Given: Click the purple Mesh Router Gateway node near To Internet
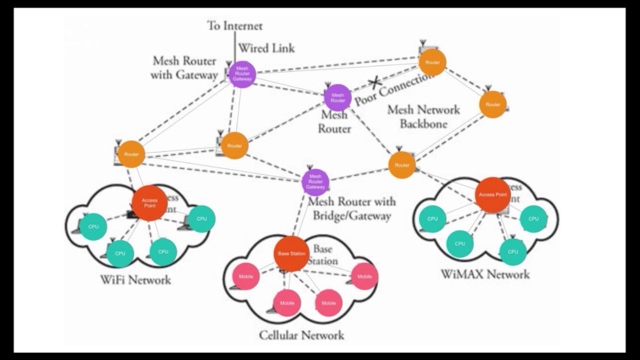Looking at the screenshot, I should tap(242, 74).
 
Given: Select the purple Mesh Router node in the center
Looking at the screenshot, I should tap(337, 97).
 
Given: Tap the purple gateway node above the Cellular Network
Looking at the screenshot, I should tap(315, 182).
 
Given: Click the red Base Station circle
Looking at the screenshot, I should tap(291, 254).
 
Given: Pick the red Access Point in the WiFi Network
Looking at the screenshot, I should tap(149, 203).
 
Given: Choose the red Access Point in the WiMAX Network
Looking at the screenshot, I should tap(493, 194).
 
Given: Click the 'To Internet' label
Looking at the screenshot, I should tap(234, 26).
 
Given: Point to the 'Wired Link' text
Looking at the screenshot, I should tap(266, 48).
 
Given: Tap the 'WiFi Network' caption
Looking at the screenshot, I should tap(135, 279).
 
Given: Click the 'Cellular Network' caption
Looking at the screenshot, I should tap(301, 335).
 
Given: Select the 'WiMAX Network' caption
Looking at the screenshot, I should tap(484, 274).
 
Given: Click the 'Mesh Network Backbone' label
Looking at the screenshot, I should tap(423, 116).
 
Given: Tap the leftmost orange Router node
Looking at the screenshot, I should tap(131, 154).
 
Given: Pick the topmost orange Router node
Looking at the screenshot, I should tap(432, 62).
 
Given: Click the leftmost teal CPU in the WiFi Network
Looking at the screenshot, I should tap(93, 226).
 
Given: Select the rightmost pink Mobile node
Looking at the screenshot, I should tap(364, 276).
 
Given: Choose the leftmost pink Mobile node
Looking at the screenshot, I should tap(246, 276).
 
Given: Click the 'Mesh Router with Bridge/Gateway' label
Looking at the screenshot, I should tap(351, 208).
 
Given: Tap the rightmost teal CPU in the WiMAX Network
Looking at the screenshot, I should tap(533, 218).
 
